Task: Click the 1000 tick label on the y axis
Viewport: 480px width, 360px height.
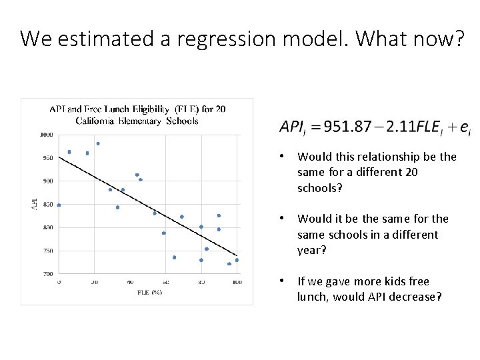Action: click(47, 135)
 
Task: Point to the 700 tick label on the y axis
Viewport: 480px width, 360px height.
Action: click(49, 274)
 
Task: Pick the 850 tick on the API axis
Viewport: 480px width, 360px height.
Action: click(49, 204)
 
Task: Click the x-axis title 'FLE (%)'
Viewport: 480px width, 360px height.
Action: click(150, 292)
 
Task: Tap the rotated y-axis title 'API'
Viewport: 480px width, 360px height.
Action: click(35, 205)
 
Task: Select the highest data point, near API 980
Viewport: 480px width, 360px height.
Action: click(98, 143)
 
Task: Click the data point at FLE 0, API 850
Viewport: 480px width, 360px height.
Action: click(59, 205)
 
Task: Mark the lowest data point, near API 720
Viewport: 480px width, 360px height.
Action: click(229, 264)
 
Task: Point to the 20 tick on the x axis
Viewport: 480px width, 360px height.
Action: click(94, 283)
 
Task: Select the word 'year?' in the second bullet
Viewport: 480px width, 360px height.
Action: click(311, 251)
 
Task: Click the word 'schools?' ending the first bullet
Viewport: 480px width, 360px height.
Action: click(319, 188)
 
